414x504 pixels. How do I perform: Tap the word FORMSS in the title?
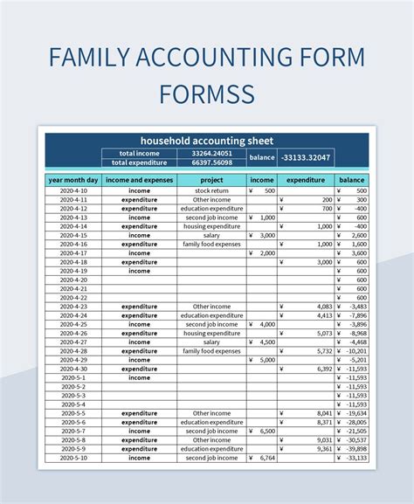click(207, 92)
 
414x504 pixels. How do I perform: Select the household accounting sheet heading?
click(207, 140)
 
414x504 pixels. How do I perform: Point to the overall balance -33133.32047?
click(306, 157)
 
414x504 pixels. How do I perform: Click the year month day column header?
click(73, 179)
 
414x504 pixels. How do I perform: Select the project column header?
click(211, 179)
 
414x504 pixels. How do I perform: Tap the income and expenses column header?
click(139, 179)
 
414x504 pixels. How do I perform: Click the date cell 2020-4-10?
click(73, 190)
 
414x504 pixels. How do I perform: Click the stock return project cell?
click(211, 190)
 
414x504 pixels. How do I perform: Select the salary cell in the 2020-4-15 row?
click(211, 235)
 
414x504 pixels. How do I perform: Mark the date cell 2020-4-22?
click(73, 298)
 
